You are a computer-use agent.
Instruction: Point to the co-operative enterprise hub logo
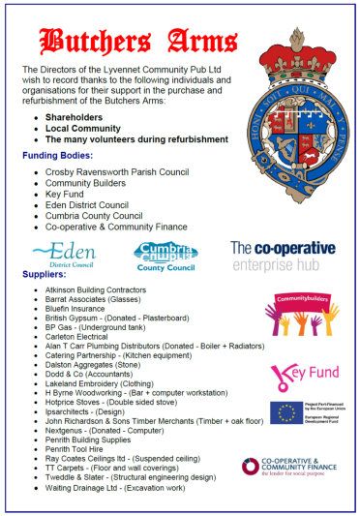(x=283, y=255)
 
